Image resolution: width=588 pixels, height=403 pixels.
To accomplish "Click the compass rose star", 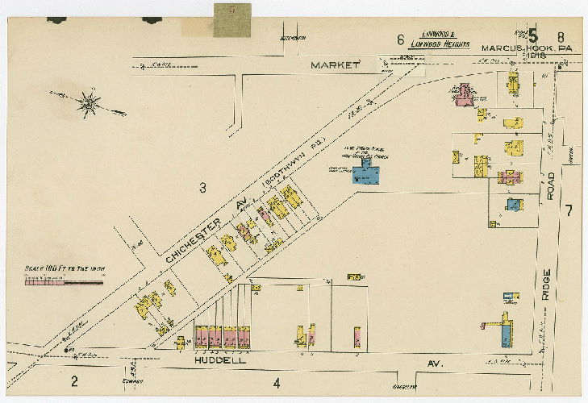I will point(89,102).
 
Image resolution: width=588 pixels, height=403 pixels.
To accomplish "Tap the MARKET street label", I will point(335,64).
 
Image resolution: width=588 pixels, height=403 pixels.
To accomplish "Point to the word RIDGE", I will point(547,285).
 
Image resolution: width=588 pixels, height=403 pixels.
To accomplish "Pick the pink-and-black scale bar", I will point(65,281).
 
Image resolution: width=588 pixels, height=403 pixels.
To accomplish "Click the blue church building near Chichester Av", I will point(367,173).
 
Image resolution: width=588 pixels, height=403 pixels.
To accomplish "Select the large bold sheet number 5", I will point(533,35).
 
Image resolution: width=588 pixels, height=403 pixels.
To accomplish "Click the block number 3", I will point(203,188).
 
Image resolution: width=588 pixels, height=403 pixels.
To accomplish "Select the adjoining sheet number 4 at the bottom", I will point(276,383).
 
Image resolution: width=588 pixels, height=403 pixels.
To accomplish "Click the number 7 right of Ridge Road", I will point(569,211).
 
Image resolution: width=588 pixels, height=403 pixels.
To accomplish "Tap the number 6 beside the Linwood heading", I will point(400,39).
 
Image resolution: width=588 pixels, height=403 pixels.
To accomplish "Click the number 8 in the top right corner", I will point(560,35).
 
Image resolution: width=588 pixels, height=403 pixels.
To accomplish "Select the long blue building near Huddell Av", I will point(505,330).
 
